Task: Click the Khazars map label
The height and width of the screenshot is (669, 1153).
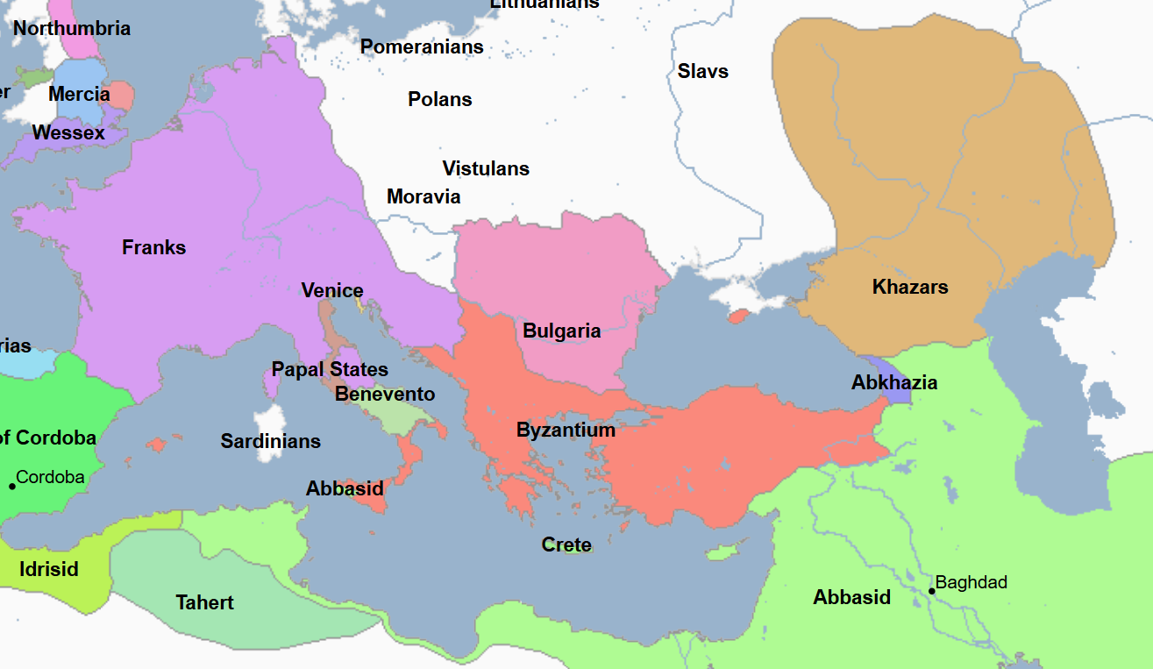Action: (x=910, y=287)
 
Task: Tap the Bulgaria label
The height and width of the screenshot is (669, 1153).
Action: (x=561, y=331)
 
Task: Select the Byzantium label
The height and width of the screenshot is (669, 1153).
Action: (x=566, y=431)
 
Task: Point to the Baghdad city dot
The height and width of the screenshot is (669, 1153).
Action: (x=932, y=591)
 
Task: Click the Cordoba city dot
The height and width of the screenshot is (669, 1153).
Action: (x=12, y=486)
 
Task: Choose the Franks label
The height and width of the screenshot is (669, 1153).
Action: (x=153, y=247)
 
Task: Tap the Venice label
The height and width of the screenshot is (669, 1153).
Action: (x=331, y=290)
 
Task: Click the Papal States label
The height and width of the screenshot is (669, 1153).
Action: (x=330, y=369)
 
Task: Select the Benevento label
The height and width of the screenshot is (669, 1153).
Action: (x=385, y=394)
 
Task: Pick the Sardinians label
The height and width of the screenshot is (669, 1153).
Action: (x=270, y=441)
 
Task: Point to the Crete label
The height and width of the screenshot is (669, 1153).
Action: (x=566, y=544)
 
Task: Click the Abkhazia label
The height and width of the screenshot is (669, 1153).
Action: (x=893, y=382)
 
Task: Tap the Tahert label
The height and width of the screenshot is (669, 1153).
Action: (x=204, y=602)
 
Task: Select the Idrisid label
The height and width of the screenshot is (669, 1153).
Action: (x=49, y=569)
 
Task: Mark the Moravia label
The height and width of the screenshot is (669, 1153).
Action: (x=423, y=196)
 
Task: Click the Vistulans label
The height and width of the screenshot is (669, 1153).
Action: (x=486, y=168)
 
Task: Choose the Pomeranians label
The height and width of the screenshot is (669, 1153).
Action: (x=422, y=46)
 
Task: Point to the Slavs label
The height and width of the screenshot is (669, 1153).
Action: (x=702, y=71)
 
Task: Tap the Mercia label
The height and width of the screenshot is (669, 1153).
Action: (x=79, y=94)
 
